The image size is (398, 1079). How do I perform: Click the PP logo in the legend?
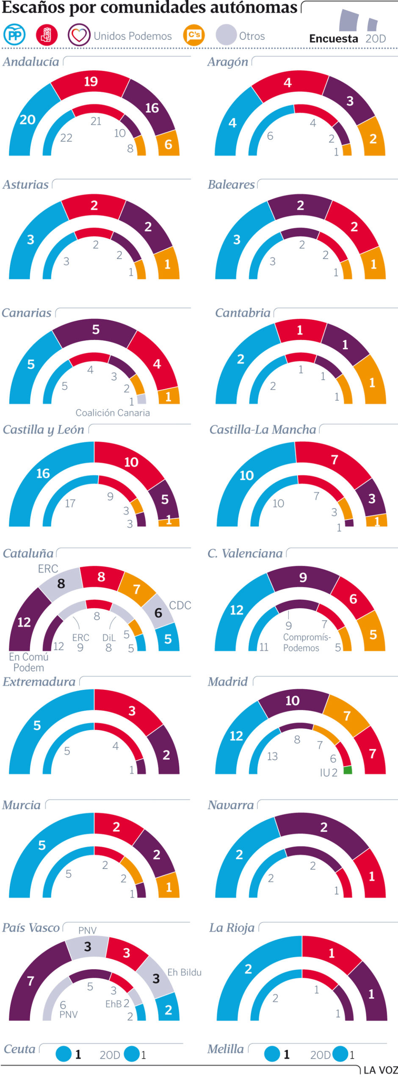(x=14, y=35)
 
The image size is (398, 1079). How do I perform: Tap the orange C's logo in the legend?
(x=194, y=35)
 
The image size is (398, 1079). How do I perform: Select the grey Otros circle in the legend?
(x=226, y=35)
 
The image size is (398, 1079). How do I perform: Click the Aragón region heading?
(x=228, y=62)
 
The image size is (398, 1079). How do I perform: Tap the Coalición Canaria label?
(x=113, y=413)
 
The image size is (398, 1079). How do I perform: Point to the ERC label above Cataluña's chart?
(x=48, y=569)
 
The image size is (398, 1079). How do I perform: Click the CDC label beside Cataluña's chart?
(x=180, y=606)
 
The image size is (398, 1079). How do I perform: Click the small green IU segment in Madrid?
(x=348, y=770)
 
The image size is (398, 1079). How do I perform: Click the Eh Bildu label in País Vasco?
(x=184, y=973)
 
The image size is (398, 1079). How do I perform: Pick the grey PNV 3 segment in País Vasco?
(x=87, y=947)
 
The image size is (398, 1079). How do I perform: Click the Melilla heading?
(x=226, y=1049)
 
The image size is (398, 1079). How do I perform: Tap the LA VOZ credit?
(x=380, y=1070)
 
